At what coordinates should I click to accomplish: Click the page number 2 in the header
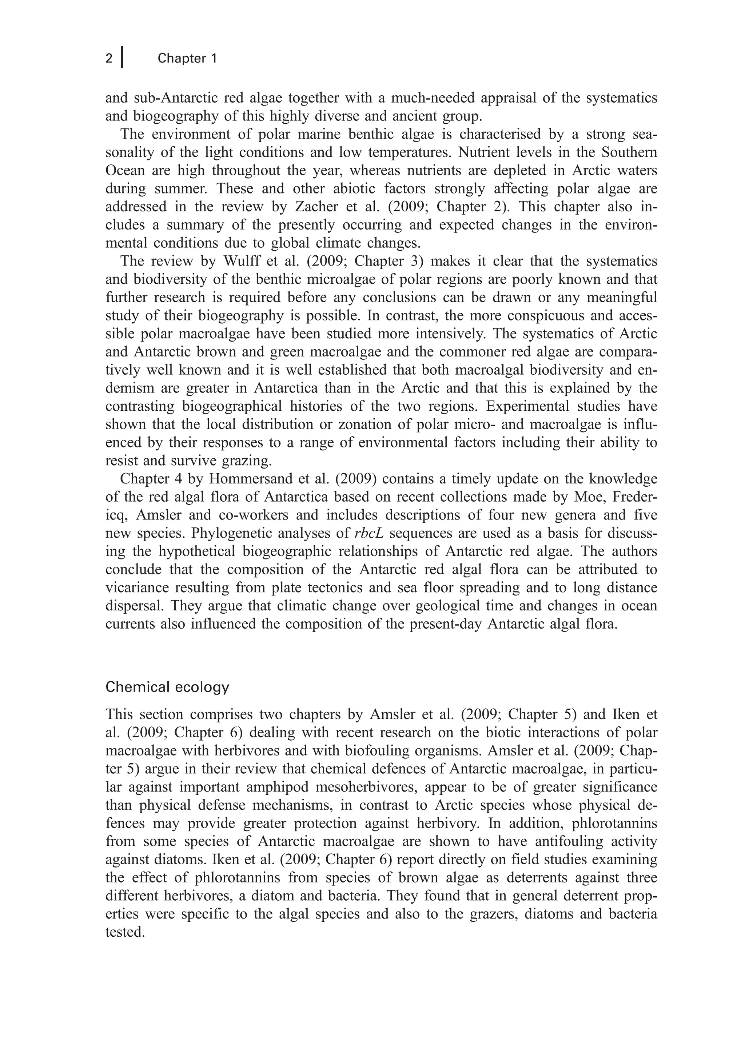pyautogui.click(x=109, y=59)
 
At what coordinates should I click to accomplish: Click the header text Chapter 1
pyautogui.click(x=187, y=58)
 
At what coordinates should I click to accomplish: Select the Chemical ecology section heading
pyautogui.click(x=167, y=687)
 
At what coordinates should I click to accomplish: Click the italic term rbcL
pyautogui.click(x=369, y=534)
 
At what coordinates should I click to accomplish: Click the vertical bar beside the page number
pyautogui.click(x=122, y=57)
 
